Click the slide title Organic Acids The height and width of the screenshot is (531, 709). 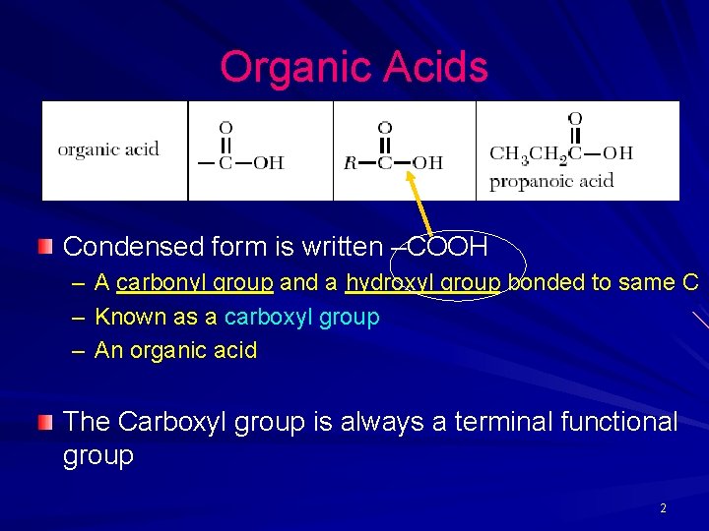point(354,68)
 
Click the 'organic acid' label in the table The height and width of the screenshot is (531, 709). point(108,149)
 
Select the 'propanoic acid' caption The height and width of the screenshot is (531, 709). point(551,180)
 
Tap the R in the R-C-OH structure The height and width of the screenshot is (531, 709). point(350,162)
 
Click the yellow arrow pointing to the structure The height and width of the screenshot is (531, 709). point(420,203)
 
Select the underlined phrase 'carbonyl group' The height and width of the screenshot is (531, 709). point(194,283)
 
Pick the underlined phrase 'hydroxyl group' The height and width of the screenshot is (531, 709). point(422,283)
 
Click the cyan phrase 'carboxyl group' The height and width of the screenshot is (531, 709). point(301,317)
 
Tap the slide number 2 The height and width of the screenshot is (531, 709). point(663,508)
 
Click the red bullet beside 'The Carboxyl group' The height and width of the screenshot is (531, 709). point(44,423)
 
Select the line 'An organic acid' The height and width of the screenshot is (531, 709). point(175,350)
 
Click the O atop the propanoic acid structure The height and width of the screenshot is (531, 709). point(575,119)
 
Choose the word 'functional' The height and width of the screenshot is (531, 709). point(619,422)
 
